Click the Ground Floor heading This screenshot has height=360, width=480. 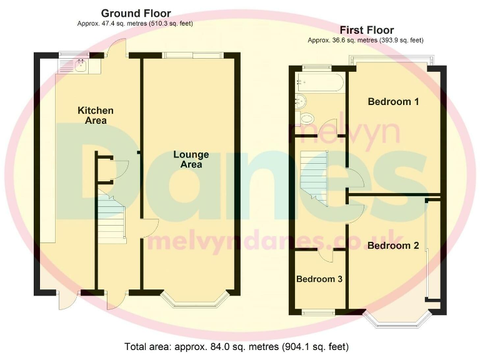(x=136, y=13)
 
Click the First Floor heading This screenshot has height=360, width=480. (x=366, y=30)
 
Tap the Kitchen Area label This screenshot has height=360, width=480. (x=96, y=115)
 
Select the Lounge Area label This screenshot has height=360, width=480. (x=191, y=159)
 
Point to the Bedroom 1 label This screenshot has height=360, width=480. (x=393, y=102)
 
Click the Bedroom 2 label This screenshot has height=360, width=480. (x=393, y=246)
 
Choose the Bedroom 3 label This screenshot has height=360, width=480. (x=319, y=279)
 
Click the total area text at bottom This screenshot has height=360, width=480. (x=236, y=346)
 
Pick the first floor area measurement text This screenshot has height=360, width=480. (x=366, y=40)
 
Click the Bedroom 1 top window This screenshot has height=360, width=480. (x=391, y=60)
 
